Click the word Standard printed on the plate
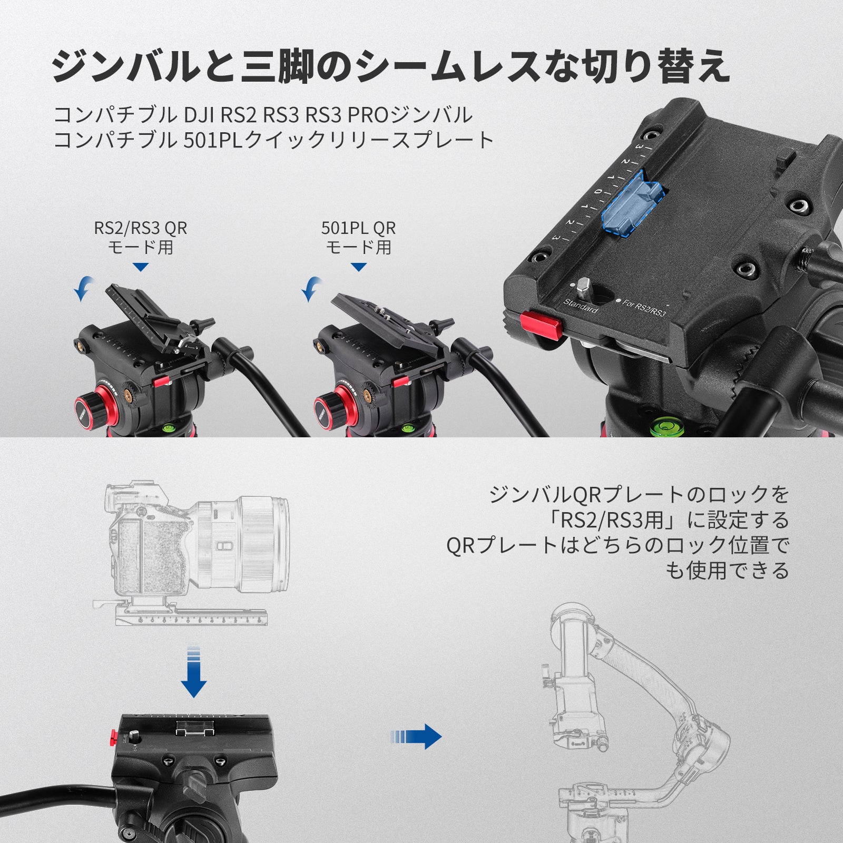[x=581, y=306]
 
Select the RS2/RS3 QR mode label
[x=141, y=237]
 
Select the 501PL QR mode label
[x=358, y=237]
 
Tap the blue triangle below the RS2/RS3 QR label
[x=141, y=268]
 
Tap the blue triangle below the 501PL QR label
[x=359, y=268]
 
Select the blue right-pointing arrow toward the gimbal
[x=416, y=736]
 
